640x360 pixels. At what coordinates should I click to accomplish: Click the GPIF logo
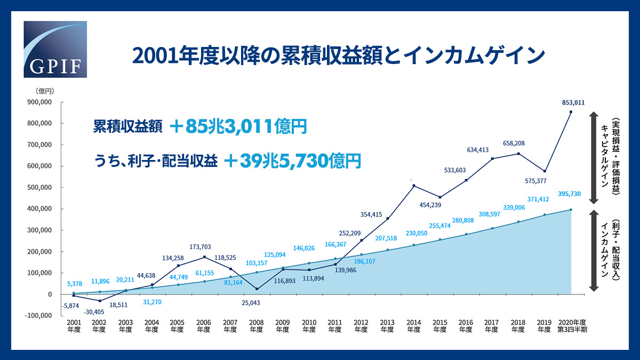tap(55, 50)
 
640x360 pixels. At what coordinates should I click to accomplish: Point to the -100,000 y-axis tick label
tap(37, 315)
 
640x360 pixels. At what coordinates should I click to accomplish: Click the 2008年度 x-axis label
tap(256, 326)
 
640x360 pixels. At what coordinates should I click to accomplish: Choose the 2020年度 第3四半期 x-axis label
tap(571, 326)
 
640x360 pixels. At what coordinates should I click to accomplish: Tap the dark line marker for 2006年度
tap(204, 257)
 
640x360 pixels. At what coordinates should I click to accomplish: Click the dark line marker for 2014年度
tap(414, 186)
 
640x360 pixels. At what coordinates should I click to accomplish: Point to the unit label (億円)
tap(45, 91)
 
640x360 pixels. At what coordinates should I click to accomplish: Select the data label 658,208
tap(516, 143)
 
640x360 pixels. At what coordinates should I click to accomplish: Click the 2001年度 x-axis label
tap(73, 326)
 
